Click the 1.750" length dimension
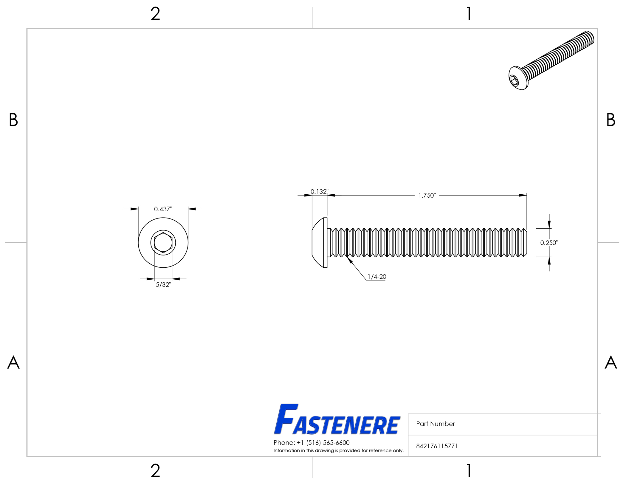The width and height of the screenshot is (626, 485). click(427, 196)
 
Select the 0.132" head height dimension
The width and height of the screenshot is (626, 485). click(319, 192)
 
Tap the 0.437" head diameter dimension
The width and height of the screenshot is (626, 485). click(163, 209)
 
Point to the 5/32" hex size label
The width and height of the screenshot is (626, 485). click(163, 285)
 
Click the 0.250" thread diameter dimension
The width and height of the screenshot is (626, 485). click(549, 243)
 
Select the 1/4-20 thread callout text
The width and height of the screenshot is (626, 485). click(377, 277)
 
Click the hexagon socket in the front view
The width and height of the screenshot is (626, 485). click(163, 243)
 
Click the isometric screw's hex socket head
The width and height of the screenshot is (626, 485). click(515, 80)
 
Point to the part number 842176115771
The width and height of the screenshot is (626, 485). click(437, 446)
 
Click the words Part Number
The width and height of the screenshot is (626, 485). click(435, 424)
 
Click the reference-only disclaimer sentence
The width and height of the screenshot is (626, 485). click(338, 450)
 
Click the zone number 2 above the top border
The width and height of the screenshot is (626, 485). click(155, 14)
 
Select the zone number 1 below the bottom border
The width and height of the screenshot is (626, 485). click(469, 471)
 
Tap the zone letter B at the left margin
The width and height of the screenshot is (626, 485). click(13, 120)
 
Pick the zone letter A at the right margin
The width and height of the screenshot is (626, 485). click(611, 362)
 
